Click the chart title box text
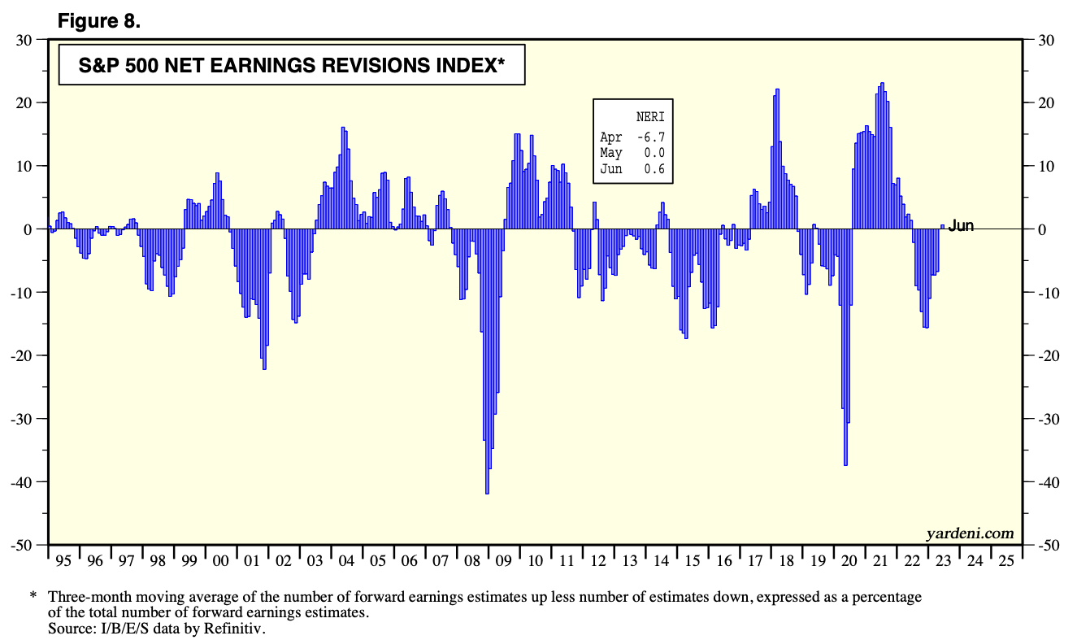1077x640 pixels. pyautogui.click(x=291, y=66)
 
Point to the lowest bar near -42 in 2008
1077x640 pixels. pyautogui.click(x=487, y=490)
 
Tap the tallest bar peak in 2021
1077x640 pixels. pyautogui.click(x=882, y=85)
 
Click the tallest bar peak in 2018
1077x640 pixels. pyautogui.click(x=777, y=90)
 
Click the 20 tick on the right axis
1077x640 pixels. pyautogui.click(x=1041, y=103)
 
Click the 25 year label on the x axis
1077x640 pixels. pyautogui.click(x=1005, y=561)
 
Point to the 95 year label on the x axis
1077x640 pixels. pyautogui.click(x=63, y=561)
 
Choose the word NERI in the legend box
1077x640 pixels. pyautogui.click(x=650, y=116)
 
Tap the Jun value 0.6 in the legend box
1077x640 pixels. pyautogui.click(x=654, y=168)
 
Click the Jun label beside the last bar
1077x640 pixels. pyautogui.click(x=961, y=226)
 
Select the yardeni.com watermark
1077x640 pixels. pyautogui.click(x=970, y=533)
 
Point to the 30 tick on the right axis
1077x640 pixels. pyautogui.click(x=1041, y=40)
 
